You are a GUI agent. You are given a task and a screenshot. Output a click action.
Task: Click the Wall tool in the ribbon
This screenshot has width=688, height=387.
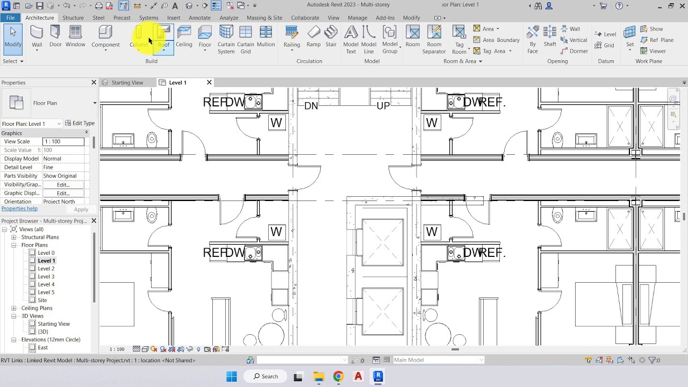(37, 37)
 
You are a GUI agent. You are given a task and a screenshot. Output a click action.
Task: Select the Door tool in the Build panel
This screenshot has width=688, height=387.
(55, 37)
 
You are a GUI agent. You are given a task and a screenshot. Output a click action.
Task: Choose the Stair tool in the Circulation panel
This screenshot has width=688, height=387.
(331, 37)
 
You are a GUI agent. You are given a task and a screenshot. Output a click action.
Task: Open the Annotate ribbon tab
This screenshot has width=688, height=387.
(199, 18)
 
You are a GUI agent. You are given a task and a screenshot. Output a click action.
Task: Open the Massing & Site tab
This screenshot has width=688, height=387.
(264, 18)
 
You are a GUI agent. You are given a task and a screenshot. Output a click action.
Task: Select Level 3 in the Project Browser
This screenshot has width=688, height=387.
(46, 276)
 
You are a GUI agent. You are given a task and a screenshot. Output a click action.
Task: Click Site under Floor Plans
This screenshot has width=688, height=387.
(42, 300)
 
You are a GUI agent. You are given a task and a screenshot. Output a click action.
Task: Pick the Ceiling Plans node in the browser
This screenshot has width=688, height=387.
(37, 308)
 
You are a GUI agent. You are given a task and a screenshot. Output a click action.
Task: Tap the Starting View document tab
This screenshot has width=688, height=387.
(127, 83)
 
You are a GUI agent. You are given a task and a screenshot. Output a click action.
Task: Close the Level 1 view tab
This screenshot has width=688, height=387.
(209, 82)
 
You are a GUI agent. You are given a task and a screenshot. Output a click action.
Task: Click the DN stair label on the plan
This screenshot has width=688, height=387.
(311, 106)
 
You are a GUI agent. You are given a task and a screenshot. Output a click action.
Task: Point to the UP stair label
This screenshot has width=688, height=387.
(383, 106)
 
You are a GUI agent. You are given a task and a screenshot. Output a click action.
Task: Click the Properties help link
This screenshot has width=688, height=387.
(19, 209)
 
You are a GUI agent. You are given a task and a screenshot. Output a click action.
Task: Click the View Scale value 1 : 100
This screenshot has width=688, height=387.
(63, 141)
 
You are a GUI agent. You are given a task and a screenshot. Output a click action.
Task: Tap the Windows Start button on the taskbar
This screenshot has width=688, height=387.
(232, 376)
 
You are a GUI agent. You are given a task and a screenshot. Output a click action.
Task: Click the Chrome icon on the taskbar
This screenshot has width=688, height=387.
(338, 376)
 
